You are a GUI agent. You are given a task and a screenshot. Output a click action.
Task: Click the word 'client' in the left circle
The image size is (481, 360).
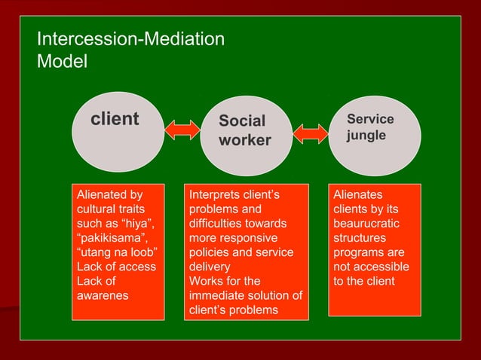(115, 119)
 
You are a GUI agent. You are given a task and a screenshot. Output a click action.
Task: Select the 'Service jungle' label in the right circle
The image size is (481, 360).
(370, 128)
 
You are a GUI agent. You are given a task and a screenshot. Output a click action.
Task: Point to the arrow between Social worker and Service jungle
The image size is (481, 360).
(311, 133)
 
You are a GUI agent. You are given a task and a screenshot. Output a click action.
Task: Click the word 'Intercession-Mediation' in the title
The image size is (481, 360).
(130, 38)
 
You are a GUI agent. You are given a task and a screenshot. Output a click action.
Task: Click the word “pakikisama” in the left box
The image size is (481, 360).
(106, 238)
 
